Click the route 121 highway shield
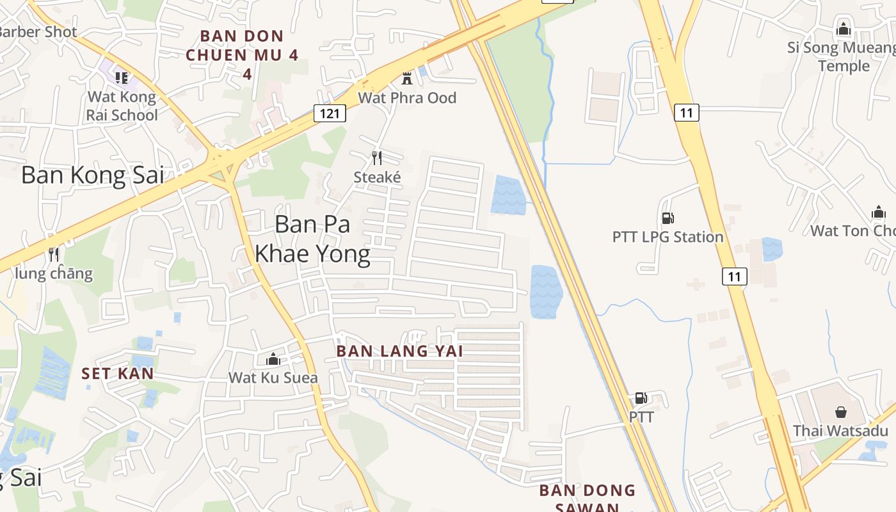pos(330,113)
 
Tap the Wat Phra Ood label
pos(407,98)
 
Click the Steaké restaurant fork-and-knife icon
pos(377,157)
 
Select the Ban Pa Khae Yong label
pos(312,239)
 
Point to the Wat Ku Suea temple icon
pos(273,359)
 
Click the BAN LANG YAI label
pos(399,351)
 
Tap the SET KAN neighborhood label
pos(117,373)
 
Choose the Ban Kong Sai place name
pos(93,175)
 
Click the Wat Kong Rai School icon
pos(121,78)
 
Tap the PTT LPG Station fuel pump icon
pos(668,218)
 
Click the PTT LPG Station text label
pos(668,237)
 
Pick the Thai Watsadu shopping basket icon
pos(840,412)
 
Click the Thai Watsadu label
pos(840,431)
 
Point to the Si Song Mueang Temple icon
pos(844,29)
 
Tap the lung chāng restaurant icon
pos(54,255)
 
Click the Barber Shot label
pos(38,31)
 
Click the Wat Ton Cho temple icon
pos(878,212)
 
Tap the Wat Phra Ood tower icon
pos(406,79)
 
